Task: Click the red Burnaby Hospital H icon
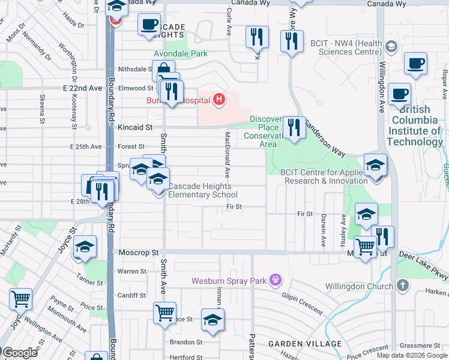220,99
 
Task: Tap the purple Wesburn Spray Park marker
276,280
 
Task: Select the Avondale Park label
181,53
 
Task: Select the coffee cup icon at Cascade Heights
149,25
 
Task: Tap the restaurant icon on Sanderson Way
294,128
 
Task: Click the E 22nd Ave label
82,88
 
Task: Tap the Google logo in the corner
20,353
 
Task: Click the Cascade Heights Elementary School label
202,190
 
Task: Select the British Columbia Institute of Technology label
414,125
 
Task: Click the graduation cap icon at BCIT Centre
375,165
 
